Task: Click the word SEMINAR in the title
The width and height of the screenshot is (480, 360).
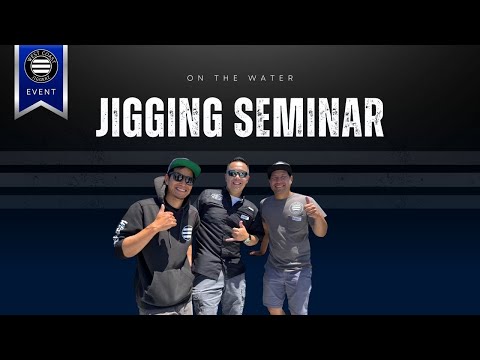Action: click(x=308, y=117)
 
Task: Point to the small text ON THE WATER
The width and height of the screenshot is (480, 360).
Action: click(x=239, y=76)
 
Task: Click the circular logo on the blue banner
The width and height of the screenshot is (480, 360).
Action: click(x=41, y=65)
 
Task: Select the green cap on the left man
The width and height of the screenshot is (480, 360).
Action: click(x=183, y=166)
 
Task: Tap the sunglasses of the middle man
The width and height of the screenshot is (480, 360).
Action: click(x=237, y=174)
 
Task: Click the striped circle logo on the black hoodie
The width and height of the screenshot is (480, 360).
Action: click(x=187, y=232)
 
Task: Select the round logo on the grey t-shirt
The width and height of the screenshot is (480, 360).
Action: click(x=295, y=208)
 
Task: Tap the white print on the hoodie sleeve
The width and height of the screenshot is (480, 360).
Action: click(x=121, y=232)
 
